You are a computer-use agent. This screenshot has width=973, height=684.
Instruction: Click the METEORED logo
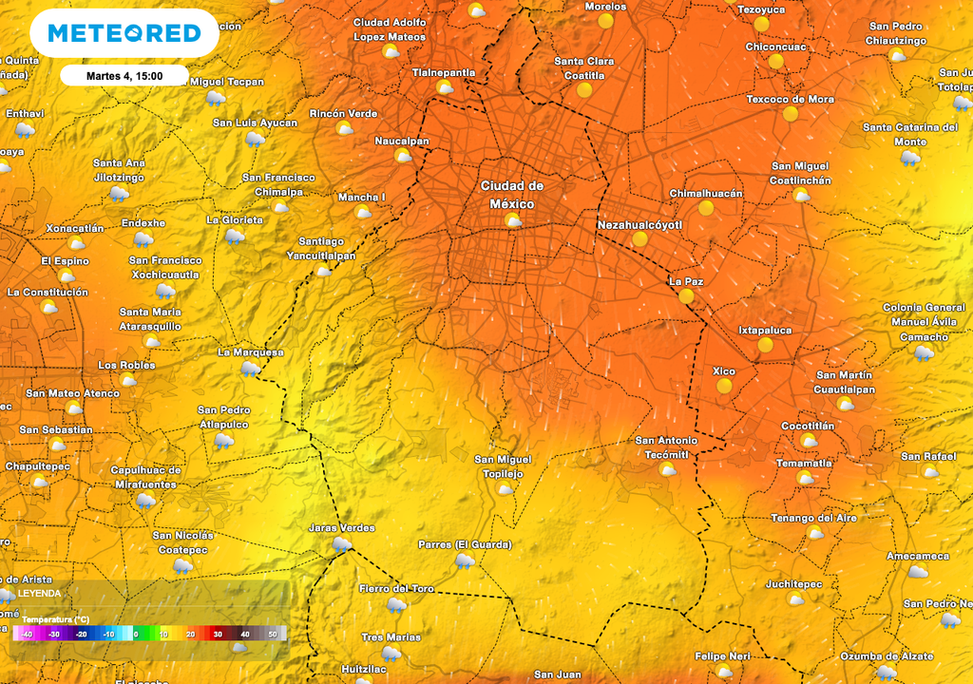pos(124,33)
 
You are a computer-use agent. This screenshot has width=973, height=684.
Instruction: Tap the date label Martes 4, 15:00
pos(124,76)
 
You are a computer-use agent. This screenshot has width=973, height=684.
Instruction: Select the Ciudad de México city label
pos(511,195)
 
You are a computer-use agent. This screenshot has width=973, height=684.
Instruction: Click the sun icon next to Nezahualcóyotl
pos(639,239)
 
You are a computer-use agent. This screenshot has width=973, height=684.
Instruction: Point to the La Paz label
pos(685,281)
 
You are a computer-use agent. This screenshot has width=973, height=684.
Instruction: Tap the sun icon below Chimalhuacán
pos(705,208)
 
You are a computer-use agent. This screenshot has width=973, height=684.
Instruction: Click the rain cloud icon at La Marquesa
pos(250,368)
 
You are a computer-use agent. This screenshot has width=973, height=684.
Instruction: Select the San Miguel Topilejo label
pos(503,465)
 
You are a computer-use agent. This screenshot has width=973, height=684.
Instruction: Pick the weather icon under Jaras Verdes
pos(341,544)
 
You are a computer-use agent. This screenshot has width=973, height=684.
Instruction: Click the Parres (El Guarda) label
pos(465,544)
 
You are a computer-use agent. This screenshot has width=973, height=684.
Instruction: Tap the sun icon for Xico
pos(724,386)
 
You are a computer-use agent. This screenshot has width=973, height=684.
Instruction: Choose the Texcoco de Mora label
pos(790,99)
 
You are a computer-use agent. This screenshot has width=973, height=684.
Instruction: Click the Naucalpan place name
pos(402,141)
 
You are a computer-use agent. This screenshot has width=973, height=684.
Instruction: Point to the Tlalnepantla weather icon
pos(444,87)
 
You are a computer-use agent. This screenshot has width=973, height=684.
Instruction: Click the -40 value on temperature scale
pos(27,634)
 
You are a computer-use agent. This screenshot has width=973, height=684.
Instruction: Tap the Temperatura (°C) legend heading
pos(56,619)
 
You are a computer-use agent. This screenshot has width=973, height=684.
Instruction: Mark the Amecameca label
pos(917,556)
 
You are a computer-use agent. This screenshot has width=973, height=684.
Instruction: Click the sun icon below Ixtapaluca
pos(765,345)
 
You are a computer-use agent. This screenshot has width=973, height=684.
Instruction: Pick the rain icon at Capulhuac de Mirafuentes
pos(144,500)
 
